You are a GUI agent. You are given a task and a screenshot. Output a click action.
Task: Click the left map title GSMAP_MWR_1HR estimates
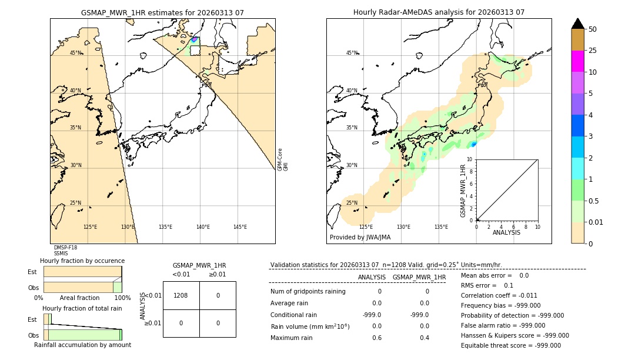point(162,12)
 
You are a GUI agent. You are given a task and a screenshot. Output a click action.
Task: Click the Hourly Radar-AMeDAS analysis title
point(439,12)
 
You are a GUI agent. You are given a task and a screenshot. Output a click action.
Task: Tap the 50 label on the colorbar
point(593,29)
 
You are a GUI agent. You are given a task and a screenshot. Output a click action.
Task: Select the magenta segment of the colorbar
point(577,61)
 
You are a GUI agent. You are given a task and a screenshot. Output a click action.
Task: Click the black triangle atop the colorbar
point(577,24)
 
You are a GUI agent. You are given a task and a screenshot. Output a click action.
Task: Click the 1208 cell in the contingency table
point(181,295)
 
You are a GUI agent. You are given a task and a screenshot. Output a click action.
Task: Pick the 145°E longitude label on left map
point(240,227)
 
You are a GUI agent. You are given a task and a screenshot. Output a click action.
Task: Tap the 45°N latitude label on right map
point(352,53)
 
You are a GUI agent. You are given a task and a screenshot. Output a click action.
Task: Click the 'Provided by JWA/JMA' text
point(360,238)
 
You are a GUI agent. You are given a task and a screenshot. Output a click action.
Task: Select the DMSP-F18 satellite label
point(65,248)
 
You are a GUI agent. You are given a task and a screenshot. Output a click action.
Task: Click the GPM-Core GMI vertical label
point(283,159)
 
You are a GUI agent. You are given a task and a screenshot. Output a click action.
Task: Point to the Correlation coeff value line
point(499,296)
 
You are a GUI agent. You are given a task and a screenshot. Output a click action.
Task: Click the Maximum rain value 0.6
point(376,338)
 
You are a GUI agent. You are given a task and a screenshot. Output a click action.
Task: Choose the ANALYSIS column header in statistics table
point(372,277)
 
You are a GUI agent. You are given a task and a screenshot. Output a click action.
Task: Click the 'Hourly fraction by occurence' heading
point(82,261)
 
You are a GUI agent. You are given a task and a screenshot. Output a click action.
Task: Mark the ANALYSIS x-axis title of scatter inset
point(506,232)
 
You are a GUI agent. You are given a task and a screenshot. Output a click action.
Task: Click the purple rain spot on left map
point(194,39)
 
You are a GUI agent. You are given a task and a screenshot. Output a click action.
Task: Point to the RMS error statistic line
point(487,286)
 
